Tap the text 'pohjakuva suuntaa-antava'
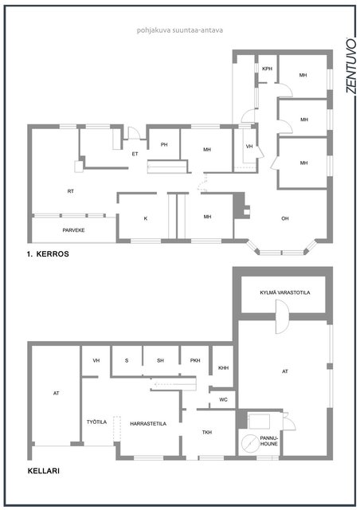tap(179, 30)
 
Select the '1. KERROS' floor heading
tap(48, 254)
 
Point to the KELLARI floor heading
tap(44, 471)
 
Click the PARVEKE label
tap(73, 230)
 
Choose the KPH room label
tap(267, 69)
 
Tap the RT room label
tap(71, 191)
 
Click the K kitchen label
tap(146, 218)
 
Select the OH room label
tap(285, 218)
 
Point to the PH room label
tap(164, 145)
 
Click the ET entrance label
tap(135, 154)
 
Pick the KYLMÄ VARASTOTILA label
tap(285, 292)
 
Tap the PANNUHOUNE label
tap(268, 441)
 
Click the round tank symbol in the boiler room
tap(250, 444)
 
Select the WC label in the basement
tap(223, 400)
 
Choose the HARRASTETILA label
tap(148, 424)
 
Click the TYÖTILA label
tap(96, 422)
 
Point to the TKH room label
tap(207, 432)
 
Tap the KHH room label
tap(224, 368)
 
